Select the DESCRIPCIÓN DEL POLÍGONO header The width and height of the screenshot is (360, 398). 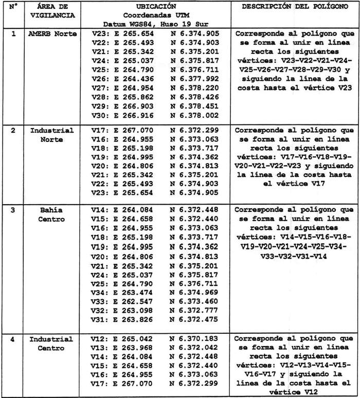[292, 6]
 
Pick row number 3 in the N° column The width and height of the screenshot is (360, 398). [13, 210]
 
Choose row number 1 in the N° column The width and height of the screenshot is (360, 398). [13, 33]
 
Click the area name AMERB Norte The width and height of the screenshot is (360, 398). [52, 33]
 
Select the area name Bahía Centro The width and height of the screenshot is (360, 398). [51, 214]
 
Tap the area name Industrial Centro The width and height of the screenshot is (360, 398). [51, 344]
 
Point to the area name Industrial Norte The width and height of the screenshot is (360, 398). [51, 135]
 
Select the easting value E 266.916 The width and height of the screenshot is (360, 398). [133, 116]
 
